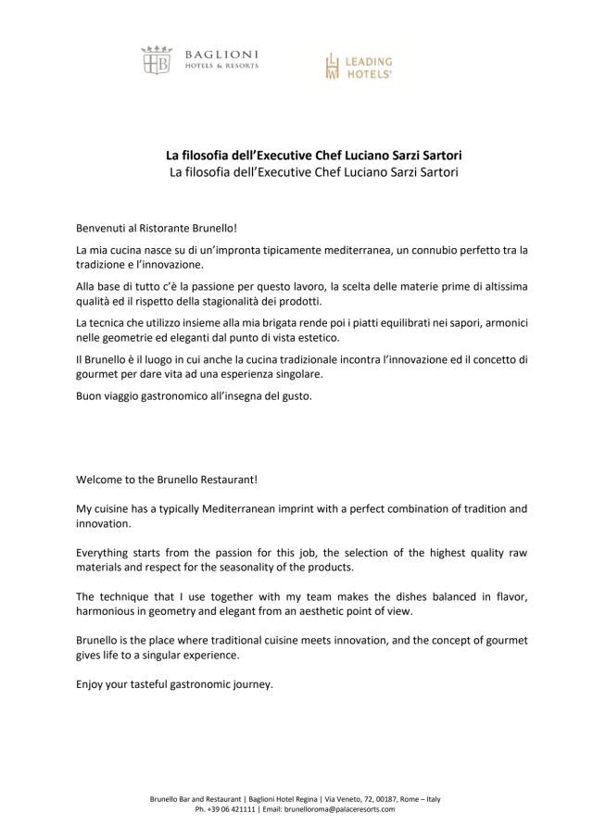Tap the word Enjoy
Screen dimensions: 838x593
[x=92, y=684]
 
